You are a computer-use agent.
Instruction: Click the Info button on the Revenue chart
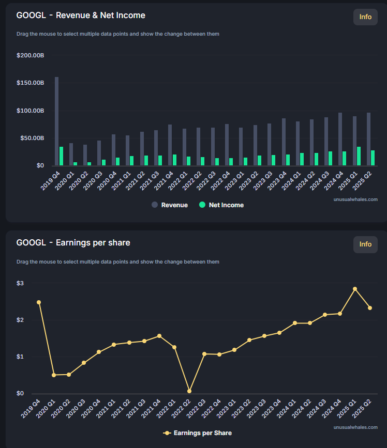pyautogui.click(x=365, y=17)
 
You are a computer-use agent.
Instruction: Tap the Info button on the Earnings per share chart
pyautogui.click(x=365, y=244)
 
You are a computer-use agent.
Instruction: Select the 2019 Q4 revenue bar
pyautogui.click(x=56, y=121)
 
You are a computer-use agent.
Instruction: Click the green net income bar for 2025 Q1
pyautogui.click(x=359, y=156)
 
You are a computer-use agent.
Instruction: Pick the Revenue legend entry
pyautogui.click(x=170, y=205)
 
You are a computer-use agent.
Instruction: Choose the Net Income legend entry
pyautogui.click(x=221, y=205)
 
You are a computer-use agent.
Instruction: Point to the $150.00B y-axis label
pyautogui.click(x=30, y=83)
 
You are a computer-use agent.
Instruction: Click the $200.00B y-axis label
pyautogui.click(x=30, y=55)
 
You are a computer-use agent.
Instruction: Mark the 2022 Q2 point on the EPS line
pyautogui.click(x=189, y=391)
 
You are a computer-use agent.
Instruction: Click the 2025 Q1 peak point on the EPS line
pyautogui.click(x=355, y=289)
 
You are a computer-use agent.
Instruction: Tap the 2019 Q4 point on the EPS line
pyautogui.click(x=39, y=302)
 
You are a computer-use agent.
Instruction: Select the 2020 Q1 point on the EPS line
pyautogui.click(x=54, y=375)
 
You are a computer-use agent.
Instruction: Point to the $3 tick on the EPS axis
pyautogui.click(x=20, y=284)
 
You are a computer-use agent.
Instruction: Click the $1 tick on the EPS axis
pyautogui.click(x=20, y=357)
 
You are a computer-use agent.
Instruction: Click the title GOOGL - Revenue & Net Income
pyautogui.click(x=81, y=16)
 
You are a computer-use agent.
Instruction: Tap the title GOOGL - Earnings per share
pyautogui.click(x=73, y=243)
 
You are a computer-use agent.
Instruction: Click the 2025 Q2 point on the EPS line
pyautogui.click(x=370, y=308)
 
